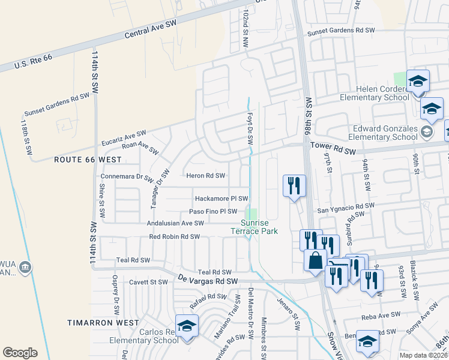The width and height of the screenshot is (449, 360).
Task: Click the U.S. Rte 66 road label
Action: click(34, 60)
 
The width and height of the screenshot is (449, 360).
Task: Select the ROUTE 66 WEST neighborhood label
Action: click(88, 160)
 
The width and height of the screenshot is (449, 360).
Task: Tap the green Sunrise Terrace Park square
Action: click(253, 214)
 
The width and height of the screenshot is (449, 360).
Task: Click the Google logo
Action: click(20, 353)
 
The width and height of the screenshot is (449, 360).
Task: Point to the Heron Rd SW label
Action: click(205, 176)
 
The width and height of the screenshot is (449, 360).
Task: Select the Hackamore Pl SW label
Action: click(221, 198)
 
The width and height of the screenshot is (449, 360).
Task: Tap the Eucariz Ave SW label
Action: click(125, 137)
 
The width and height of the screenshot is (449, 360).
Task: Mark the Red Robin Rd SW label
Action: click(174, 237)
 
